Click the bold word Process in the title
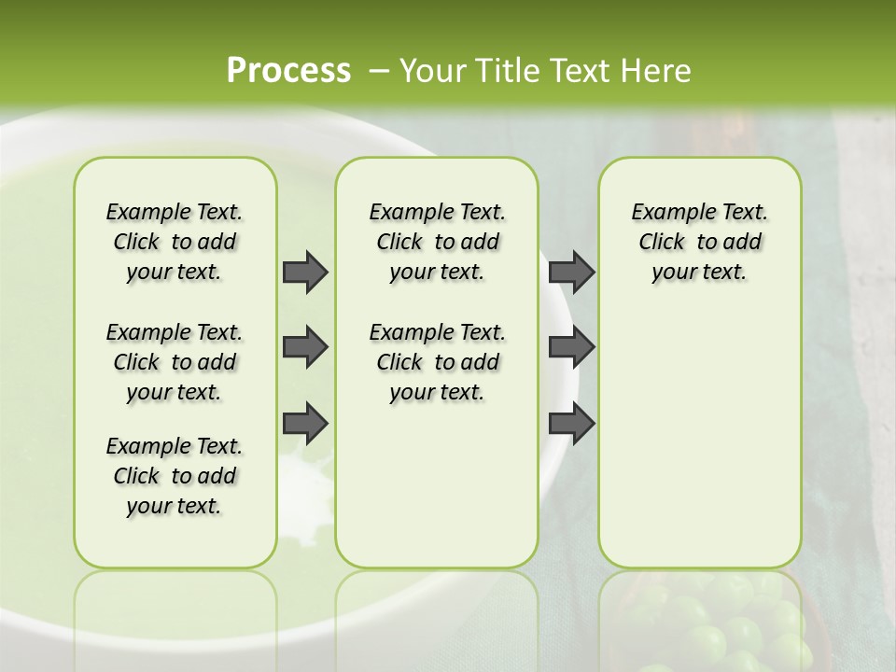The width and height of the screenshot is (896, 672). (288, 70)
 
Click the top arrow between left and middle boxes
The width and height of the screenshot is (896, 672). (305, 272)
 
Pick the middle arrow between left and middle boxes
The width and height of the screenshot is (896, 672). (305, 347)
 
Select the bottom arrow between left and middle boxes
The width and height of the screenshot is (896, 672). (305, 423)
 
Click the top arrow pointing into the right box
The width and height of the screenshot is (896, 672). (572, 272)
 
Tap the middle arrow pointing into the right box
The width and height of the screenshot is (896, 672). (572, 347)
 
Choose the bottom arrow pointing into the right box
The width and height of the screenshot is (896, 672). (572, 423)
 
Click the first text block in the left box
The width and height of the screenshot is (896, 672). (175, 242)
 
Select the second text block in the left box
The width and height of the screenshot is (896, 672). (175, 362)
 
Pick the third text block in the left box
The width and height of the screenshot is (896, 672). (175, 476)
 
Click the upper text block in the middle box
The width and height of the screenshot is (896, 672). (437, 242)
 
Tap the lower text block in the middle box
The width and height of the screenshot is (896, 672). (437, 362)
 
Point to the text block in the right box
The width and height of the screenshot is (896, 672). (699, 242)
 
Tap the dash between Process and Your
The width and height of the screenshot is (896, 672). (379, 70)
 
